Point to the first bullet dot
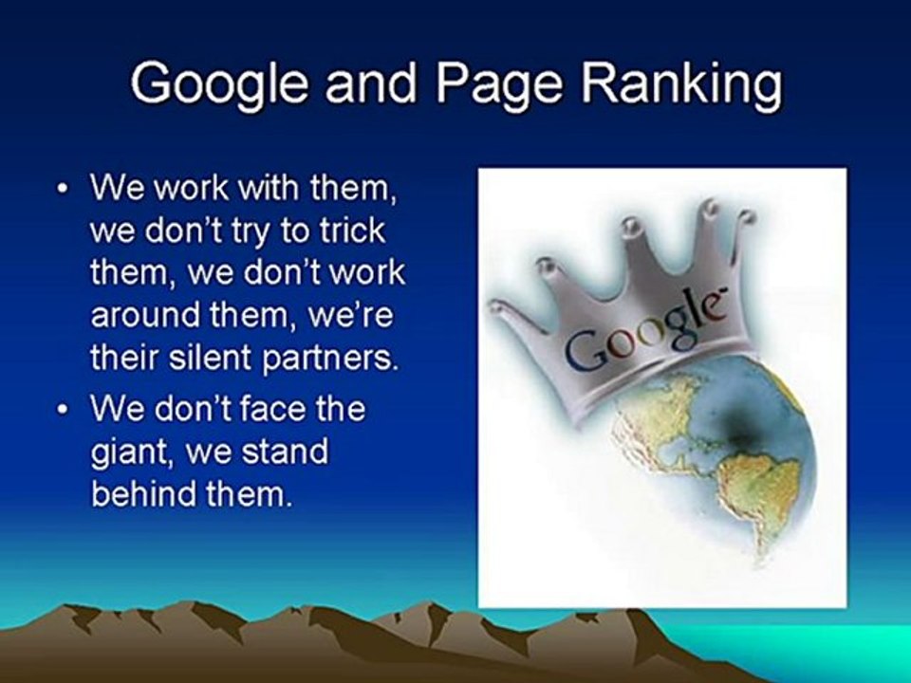pyautogui.click(x=63, y=189)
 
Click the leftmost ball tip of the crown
pyautogui.click(x=497, y=306)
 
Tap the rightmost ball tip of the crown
pyautogui.click(x=747, y=217)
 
